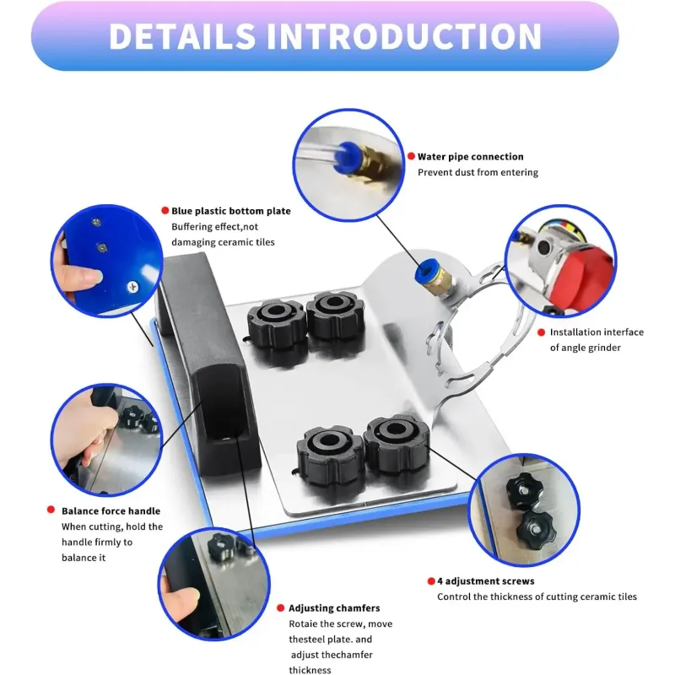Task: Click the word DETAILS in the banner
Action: [182, 35]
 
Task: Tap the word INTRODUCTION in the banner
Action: [404, 35]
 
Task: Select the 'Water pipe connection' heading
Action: [471, 157]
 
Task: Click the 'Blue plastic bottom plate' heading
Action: [231, 211]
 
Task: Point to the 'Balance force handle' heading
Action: [111, 511]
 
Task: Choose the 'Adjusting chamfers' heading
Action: [334, 608]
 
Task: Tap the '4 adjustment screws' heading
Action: [486, 581]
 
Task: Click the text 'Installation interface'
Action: [597, 332]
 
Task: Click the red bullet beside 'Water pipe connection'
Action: [411, 156]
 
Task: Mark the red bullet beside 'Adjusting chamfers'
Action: [281, 607]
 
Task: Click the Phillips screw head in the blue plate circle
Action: [133, 286]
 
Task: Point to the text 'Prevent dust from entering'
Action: [478, 173]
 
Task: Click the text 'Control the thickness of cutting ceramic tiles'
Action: [537, 597]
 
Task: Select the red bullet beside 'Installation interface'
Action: [542, 332]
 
